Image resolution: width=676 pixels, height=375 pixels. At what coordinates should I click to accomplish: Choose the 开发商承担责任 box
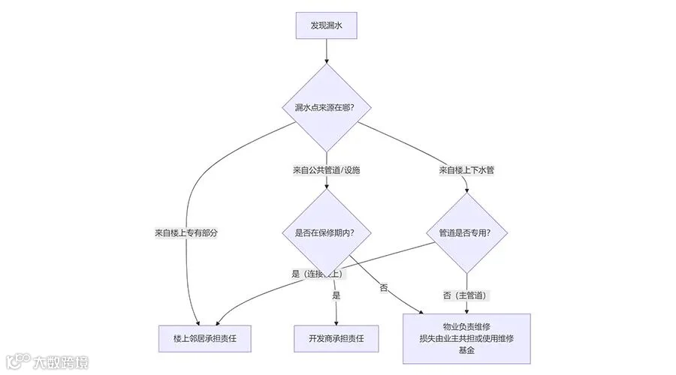[x=337, y=338]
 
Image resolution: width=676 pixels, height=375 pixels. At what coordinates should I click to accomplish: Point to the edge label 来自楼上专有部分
[x=186, y=233]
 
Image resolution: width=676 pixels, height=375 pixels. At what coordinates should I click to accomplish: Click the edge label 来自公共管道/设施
[x=327, y=170]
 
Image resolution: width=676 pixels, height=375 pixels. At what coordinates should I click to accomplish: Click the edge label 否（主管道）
[x=466, y=295]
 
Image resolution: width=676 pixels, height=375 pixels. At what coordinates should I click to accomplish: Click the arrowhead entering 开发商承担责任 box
[x=336, y=322]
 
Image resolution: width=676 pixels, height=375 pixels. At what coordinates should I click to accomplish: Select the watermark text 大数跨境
[x=61, y=362]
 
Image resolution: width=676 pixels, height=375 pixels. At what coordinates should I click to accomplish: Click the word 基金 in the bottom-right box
[x=466, y=350]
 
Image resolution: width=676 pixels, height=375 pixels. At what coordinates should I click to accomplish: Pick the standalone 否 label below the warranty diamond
[x=384, y=288]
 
